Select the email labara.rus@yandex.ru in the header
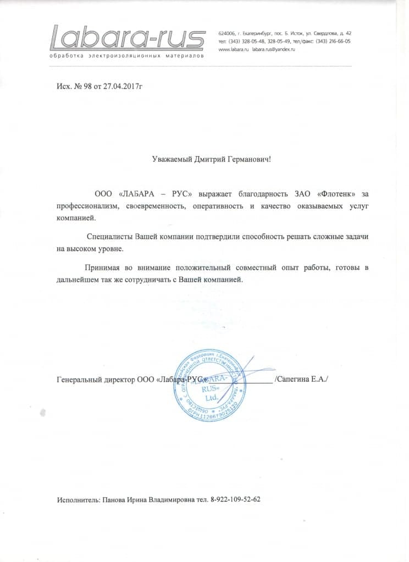tap(274, 49)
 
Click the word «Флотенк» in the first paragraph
tap(336, 193)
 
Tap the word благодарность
tap(268, 193)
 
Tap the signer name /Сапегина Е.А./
tap(302, 379)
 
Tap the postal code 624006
tap(227, 34)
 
